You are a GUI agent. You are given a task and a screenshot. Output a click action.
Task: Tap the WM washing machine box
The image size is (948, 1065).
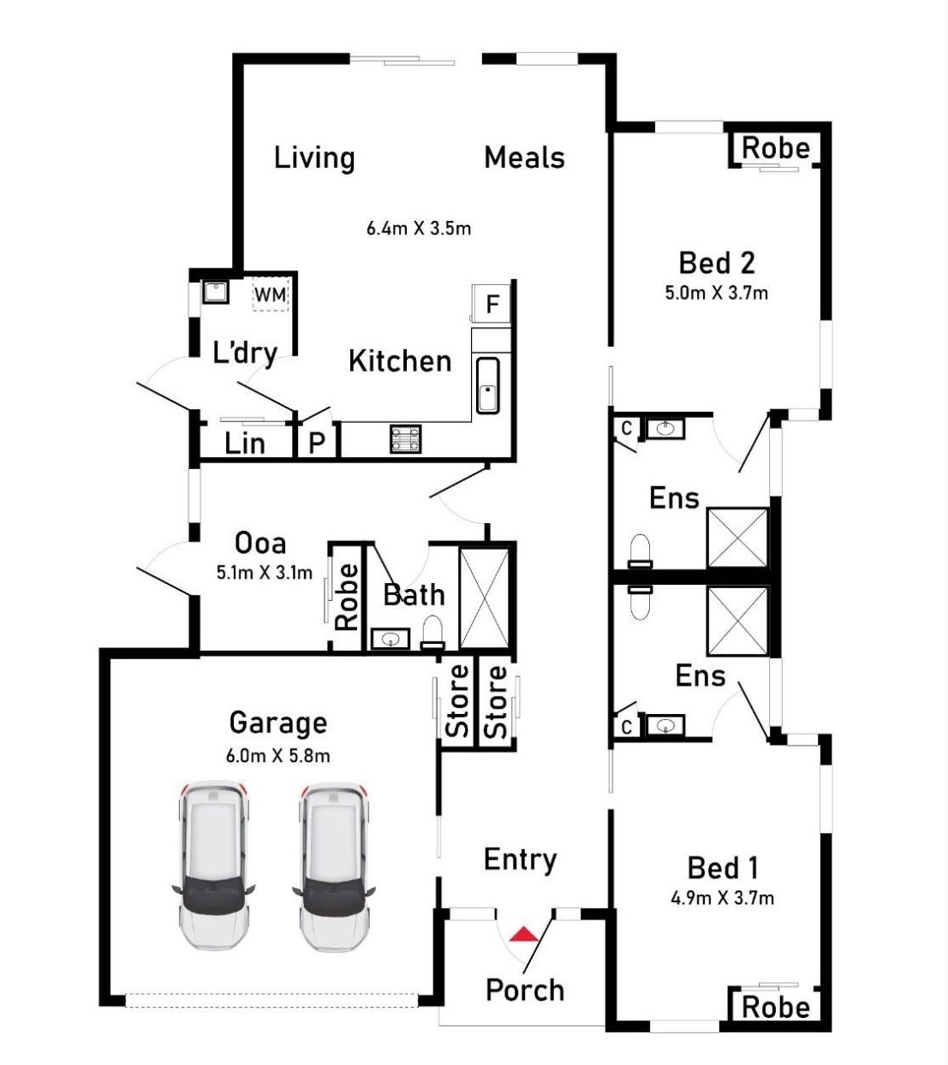pyautogui.click(x=271, y=294)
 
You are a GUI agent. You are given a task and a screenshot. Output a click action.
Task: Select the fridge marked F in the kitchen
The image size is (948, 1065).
pyautogui.click(x=492, y=304)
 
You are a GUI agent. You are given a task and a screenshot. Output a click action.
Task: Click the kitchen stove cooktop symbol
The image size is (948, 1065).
pyautogui.click(x=405, y=438)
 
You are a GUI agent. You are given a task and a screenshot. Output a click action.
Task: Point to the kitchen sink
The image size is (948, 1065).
pyautogui.click(x=487, y=385)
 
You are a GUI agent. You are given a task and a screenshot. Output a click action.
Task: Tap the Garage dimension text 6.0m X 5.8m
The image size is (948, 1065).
pyautogui.click(x=277, y=756)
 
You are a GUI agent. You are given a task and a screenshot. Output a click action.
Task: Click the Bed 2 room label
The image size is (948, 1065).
pyautogui.click(x=716, y=263)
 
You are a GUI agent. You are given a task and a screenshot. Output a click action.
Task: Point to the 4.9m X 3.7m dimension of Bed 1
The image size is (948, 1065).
pyautogui.click(x=722, y=898)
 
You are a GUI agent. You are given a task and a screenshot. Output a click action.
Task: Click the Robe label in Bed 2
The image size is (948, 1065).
pyautogui.click(x=775, y=148)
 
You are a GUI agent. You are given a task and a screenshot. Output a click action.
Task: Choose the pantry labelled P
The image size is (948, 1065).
pyautogui.click(x=317, y=443)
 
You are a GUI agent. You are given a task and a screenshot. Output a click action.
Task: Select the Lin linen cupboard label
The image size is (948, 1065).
pyautogui.click(x=244, y=443)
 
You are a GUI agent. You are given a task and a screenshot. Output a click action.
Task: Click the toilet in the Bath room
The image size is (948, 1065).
pyautogui.click(x=434, y=632)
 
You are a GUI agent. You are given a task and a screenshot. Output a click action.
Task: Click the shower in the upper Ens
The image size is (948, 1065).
pyautogui.click(x=737, y=537)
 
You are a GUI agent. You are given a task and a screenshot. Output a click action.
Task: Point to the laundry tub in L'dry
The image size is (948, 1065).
pyautogui.click(x=215, y=292)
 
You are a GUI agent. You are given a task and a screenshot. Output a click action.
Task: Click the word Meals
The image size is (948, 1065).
pyautogui.click(x=524, y=158)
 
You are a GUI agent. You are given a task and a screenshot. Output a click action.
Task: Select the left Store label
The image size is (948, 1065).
pyautogui.click(x=457, y=702)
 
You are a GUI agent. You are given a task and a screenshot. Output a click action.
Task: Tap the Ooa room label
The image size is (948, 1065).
pyautogui.click(x=260, y=543)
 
